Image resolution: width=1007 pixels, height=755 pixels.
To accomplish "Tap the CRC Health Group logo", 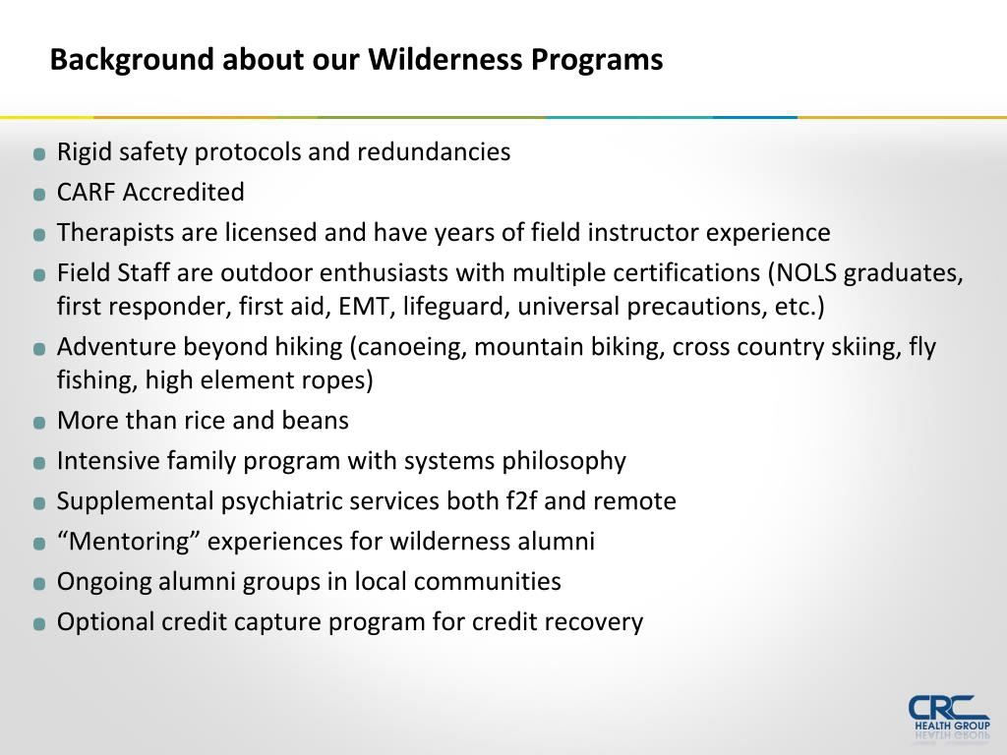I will click(949, 715).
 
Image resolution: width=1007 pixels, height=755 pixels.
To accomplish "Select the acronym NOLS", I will click(808, 272).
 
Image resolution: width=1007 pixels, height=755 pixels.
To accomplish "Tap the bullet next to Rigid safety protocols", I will click(39, 154).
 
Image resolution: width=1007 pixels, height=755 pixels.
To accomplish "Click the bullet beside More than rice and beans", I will click(39, 423).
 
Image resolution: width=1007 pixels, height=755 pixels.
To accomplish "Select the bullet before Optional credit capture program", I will click(39, 623).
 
